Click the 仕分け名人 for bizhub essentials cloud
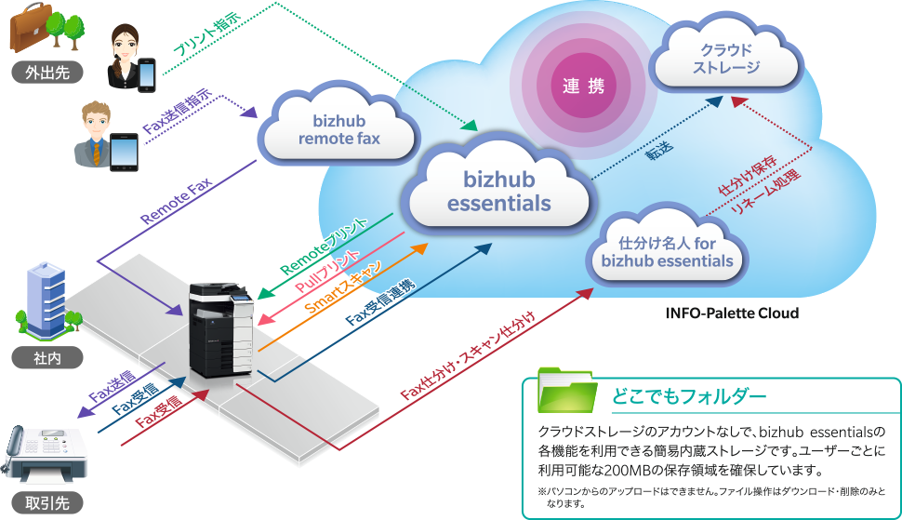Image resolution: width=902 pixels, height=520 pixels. [x=667, y=252]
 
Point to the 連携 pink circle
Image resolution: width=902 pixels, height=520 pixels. [x=583, y=87]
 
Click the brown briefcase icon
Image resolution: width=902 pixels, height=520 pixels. [x=30, y=29]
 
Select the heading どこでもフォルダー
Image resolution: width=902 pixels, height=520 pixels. [x=688, y=396]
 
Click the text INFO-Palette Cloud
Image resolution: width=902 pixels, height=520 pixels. [x=732, y=313]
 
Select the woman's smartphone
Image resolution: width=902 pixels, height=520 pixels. [x=147, y=75]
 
